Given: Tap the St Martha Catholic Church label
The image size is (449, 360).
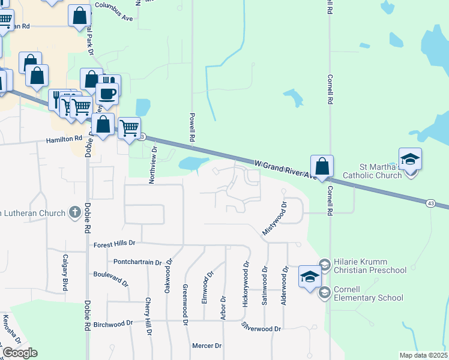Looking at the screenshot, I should point(372,171).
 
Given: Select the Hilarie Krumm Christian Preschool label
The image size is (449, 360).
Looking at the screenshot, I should point(370,266).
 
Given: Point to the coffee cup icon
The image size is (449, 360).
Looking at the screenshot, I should point(107,94).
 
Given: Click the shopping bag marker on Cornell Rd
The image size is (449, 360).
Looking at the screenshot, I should point(322,166).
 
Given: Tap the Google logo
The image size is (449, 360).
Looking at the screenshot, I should point(20,353).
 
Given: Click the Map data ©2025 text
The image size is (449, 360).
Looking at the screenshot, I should point(424,355).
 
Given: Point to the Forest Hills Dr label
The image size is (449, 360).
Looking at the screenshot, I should point(115,244).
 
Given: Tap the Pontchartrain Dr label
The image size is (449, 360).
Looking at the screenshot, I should point(138,262).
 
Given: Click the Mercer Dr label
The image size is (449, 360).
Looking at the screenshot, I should point(207,346).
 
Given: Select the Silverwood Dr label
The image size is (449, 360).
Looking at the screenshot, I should point(261,328).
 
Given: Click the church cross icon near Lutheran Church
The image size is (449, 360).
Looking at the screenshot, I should point(75,212).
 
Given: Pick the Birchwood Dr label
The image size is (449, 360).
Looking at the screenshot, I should point(113,323).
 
